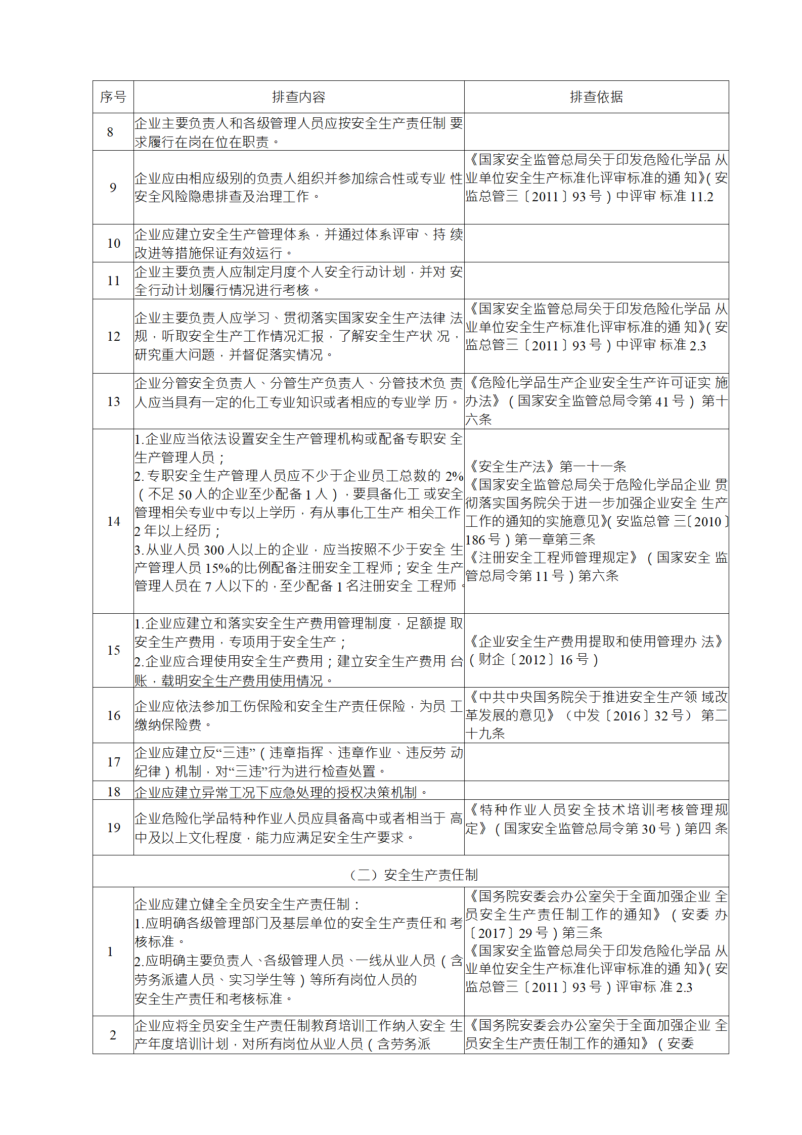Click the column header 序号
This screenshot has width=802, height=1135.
pos(113,97)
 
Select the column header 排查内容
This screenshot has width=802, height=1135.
pos(298,97)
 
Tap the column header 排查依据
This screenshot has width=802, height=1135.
pos(596,97)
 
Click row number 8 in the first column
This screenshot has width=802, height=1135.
pos(110,132)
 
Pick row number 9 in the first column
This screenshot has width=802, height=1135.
pos(113,188)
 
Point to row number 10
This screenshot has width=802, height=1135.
pos(113,243)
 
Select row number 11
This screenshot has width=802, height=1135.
pos(113,281)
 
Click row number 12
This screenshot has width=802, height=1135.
pos(113,336)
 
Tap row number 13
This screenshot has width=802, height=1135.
pos(113,401)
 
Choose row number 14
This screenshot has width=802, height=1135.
pos(113,521)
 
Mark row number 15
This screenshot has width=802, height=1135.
pos(113,650)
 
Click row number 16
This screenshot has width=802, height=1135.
pos(113,715)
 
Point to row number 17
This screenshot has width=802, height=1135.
pos(113,762)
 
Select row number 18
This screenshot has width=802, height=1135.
pos(113,792)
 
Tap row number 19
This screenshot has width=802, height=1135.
pos(113,828)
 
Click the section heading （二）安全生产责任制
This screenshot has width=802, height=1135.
pos(414,875)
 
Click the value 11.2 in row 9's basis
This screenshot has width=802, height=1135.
pos(701,197)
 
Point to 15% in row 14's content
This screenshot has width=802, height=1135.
pos(217,568)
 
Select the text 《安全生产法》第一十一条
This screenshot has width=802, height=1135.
pos(547,466)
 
